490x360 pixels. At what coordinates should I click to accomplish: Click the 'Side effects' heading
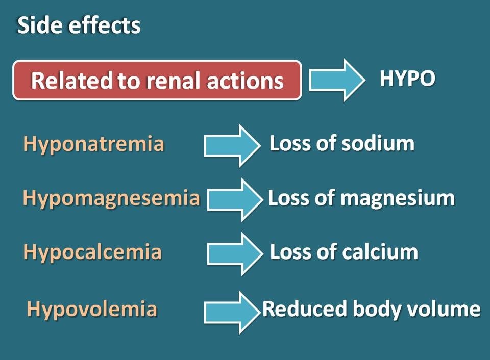79,25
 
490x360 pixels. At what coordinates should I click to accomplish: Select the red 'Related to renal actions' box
157,80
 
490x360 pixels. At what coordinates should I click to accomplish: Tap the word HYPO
407,78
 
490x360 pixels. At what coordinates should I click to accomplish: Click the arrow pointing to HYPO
337,80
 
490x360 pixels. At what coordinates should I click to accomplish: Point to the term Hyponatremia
93,145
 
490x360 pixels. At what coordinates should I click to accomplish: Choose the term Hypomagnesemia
111,198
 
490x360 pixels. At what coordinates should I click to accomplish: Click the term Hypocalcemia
92,252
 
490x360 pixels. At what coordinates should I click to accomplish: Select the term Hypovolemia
92,309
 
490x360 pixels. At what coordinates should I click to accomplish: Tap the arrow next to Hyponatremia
232,146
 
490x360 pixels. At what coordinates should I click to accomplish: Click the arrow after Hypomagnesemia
235,200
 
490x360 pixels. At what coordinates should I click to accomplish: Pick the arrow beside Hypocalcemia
235,254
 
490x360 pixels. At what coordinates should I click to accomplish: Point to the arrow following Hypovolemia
232,312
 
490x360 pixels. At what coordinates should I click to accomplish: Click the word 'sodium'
378,144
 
